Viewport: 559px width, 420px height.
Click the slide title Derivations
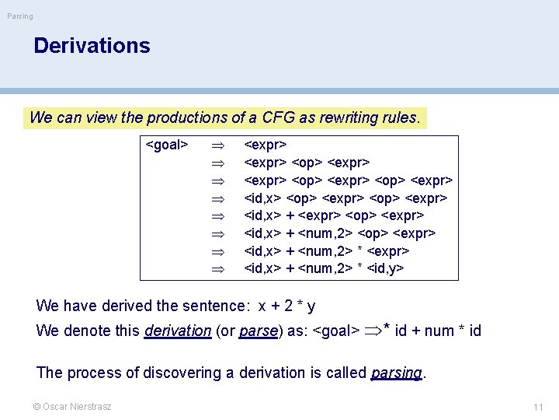pyautogui.click(x=92, y=45)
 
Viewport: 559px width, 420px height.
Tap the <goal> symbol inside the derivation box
pyautogui.click(x=168, y=145)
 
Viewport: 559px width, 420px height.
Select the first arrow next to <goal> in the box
pyautogui.click(x=218, y=145)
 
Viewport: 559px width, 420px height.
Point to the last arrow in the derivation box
pyautogui.click(x=218, y=269)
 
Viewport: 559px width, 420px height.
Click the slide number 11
pyautogui.click(x=538, y=407)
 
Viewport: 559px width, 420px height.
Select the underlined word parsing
pyautogui.click(x=396, y=373)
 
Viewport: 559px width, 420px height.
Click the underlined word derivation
pyautogui.click(x=178, y=331)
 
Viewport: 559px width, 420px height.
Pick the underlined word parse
pyautogui.click(x=259, y=331)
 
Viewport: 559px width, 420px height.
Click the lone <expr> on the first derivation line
pyautogui.click(x=266, y=145)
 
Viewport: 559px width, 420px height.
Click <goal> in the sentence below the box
pyautogui.click(x=335, y=331)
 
